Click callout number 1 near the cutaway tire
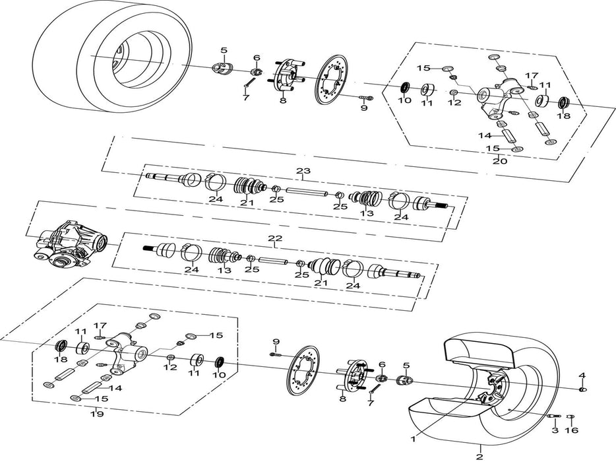(413, 437)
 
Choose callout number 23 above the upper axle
(302, 172)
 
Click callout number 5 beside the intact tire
(224, 50)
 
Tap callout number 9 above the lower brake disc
(276, 341)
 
